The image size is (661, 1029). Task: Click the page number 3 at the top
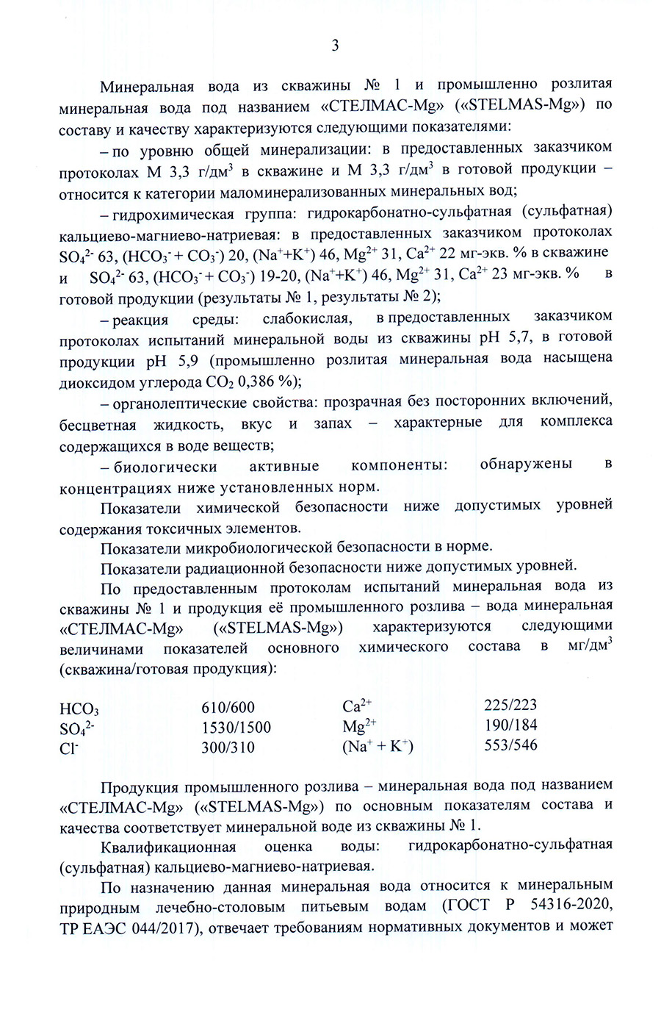pyautogui.click(x=335, y=46)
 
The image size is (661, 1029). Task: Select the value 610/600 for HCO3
pyautogui.click(x=228, y=708)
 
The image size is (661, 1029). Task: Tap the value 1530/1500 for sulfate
pyautogui.click(x=236, y=728)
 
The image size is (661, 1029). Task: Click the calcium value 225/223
pyautogui.click(x=510, y=706)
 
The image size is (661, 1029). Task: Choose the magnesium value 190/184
pyautogui.click(x=510, y=725)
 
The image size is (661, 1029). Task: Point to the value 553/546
pyautogui.click(x=510, y=745)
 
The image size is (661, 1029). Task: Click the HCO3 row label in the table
pyautogui.click(x=79, y=709)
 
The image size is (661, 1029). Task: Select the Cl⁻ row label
pyautogui.click(x=69, y=748)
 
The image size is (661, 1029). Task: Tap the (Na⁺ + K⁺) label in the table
pyautogui.click(x=378, y=747)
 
